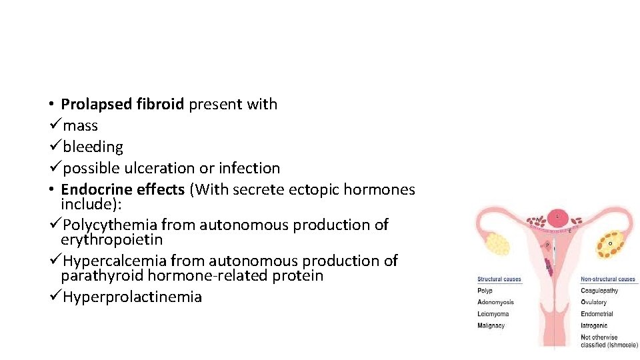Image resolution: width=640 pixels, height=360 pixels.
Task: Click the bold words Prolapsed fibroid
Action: pos(123,104)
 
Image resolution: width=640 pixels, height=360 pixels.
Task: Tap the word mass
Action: pos(80,125)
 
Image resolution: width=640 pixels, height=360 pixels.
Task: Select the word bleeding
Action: pos(93,147)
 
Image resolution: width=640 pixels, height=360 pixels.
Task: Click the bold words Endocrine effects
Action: pos(123,190)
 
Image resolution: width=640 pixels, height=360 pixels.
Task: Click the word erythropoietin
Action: pos(111,239)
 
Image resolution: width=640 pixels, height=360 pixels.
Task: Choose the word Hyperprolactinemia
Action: pos(132,297)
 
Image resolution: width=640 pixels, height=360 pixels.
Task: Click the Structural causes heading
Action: pos(499,279)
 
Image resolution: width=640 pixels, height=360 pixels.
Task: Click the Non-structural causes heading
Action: pos(608,279)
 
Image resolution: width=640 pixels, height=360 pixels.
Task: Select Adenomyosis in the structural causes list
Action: pos(495,303)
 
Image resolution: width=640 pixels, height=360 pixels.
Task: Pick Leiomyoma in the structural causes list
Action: pos(493,314)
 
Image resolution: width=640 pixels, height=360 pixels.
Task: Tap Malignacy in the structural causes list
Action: pos(491,326)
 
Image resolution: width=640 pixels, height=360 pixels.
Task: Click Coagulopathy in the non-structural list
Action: pos(599,291)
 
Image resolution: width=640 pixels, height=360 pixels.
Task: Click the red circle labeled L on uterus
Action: pos(557,217)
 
